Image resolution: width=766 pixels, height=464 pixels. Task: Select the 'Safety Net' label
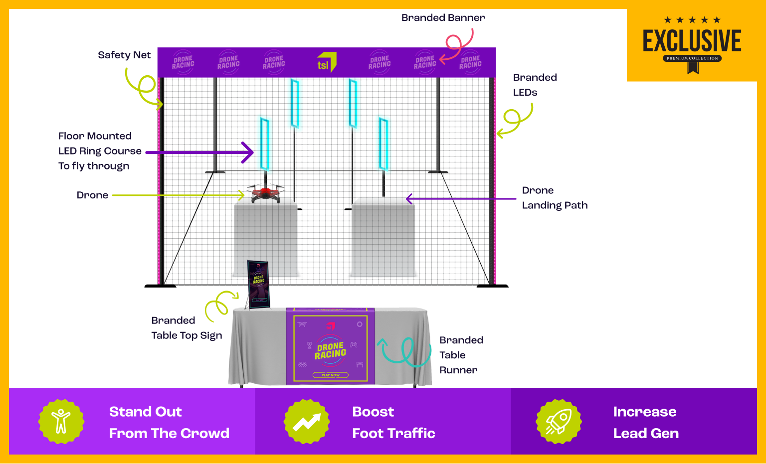(124, 55)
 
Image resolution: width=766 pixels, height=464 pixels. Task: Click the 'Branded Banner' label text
(443, 18)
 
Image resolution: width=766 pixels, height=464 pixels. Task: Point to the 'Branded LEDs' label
(535, 85)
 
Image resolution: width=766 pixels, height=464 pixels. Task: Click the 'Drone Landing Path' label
(555, 198)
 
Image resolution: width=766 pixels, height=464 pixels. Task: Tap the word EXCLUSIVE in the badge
(692, 41)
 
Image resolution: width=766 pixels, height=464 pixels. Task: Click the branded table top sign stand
(258, 284)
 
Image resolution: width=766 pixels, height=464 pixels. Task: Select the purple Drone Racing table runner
(330, 346)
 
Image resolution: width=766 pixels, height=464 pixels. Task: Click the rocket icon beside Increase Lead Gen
(559, 422)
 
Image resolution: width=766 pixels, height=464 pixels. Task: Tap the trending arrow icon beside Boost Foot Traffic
(307, 422)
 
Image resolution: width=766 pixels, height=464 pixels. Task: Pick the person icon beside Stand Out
(61, 422)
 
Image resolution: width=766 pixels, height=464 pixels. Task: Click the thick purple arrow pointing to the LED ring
(199, 153)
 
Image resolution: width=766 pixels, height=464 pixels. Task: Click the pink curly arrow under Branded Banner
(458, 45)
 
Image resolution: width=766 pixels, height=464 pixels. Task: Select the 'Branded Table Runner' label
(461, 355)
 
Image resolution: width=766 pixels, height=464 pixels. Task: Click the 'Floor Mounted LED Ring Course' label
(100, 151)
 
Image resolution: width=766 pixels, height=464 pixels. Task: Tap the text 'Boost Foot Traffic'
(393, 422)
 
